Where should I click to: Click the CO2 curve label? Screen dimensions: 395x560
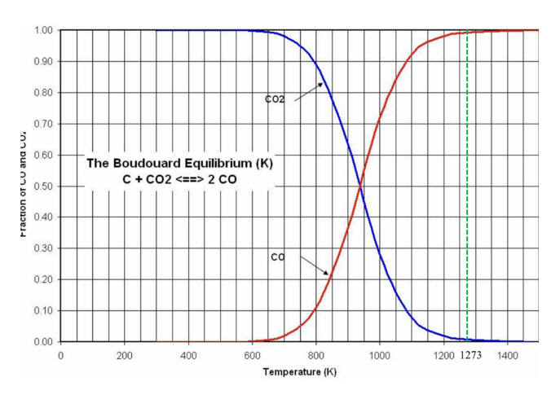pos(275,100)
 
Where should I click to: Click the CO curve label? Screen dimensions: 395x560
pos(278,257)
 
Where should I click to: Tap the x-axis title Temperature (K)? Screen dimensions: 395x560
pos(299,373)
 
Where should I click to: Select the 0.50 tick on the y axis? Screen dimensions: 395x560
pos(42,186)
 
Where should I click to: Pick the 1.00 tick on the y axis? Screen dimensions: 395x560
pos(42,30)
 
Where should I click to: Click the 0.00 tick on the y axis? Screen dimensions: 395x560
pos(42,341)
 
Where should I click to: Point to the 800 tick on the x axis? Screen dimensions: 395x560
pos(315,356)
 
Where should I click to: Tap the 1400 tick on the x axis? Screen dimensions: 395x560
pos(507,356)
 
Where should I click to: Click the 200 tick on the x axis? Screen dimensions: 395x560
pos(124,356)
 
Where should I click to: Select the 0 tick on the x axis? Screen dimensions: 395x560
pos(60,356)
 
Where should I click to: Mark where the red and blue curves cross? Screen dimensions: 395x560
pos(359,188)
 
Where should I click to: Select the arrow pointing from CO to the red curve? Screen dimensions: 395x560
pos(315,266)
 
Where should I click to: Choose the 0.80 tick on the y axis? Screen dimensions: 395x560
pos(42,92)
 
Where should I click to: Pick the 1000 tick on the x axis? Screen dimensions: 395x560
pos(379,356)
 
